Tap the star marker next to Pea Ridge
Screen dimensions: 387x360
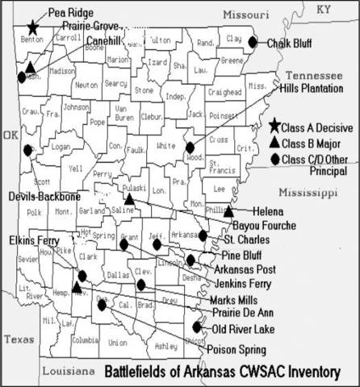point(32,27)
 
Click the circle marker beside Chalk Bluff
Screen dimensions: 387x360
point(253,42)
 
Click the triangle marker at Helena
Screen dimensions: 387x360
point(228,211)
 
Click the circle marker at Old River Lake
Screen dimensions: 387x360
point(198,327)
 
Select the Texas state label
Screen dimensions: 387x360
point(18,339)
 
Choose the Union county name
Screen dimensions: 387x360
point(117,342)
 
